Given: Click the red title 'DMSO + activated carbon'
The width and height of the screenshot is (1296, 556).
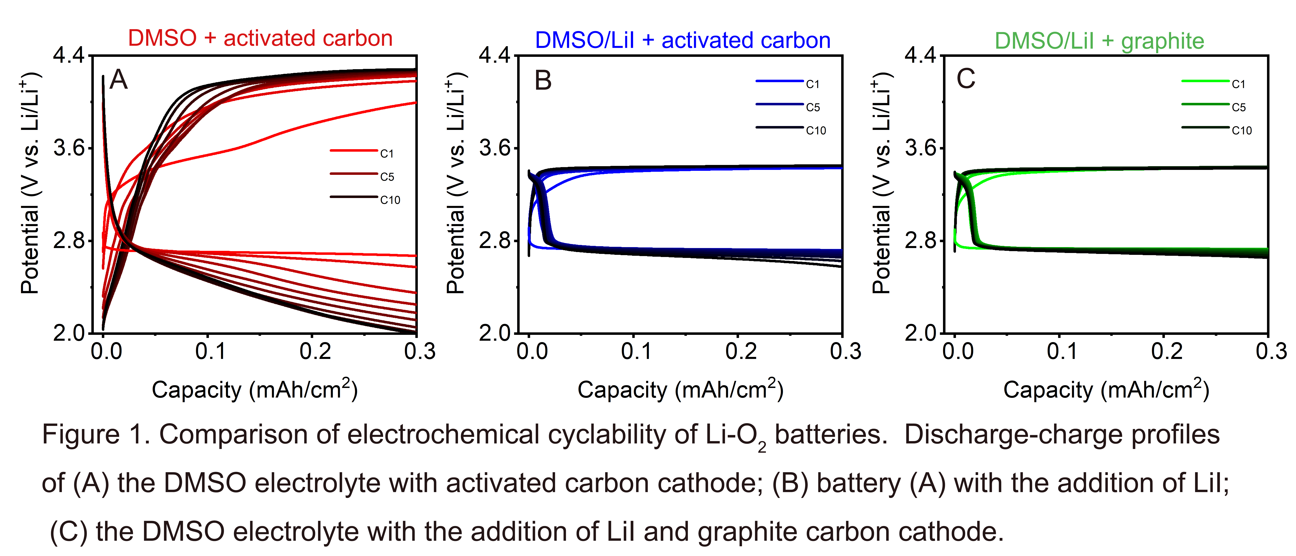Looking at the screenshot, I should tap(260, 38).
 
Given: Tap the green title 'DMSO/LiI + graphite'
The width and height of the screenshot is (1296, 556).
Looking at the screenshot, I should tap(1099, 41).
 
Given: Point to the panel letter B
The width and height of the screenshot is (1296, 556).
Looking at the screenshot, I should tap(543, 81).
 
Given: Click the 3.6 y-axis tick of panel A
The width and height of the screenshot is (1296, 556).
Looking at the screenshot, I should tap(69, 148).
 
